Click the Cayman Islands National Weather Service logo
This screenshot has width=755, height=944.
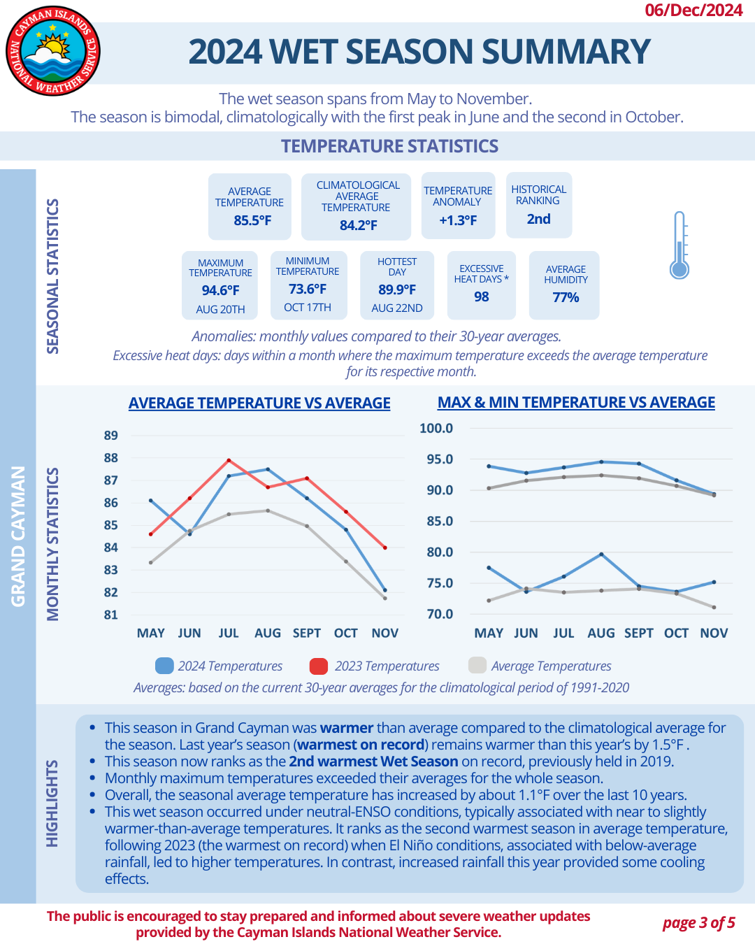53,51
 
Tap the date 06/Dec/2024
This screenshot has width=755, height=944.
693,10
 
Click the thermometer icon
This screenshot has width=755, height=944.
679,245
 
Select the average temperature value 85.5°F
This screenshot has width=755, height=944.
252,220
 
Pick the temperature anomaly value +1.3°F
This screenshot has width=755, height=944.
458,220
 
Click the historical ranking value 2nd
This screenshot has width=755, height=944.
538,219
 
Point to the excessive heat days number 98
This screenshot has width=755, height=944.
482,296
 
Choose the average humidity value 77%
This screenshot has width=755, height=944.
566,297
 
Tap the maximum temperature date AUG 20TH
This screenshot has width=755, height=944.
220,309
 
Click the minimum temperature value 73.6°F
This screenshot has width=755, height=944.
308,289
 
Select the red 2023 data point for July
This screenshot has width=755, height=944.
229,460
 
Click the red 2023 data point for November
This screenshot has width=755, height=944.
385,548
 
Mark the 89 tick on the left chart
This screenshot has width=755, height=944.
111,435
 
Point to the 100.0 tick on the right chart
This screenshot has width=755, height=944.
436,428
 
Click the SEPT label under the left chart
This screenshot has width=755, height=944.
307,633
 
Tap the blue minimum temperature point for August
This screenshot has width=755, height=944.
601,555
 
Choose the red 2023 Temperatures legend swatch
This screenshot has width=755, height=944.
319,666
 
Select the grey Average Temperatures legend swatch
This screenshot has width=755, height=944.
477,666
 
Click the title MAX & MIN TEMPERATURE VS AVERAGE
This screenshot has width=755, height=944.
576,403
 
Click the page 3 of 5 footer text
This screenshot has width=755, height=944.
698,923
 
